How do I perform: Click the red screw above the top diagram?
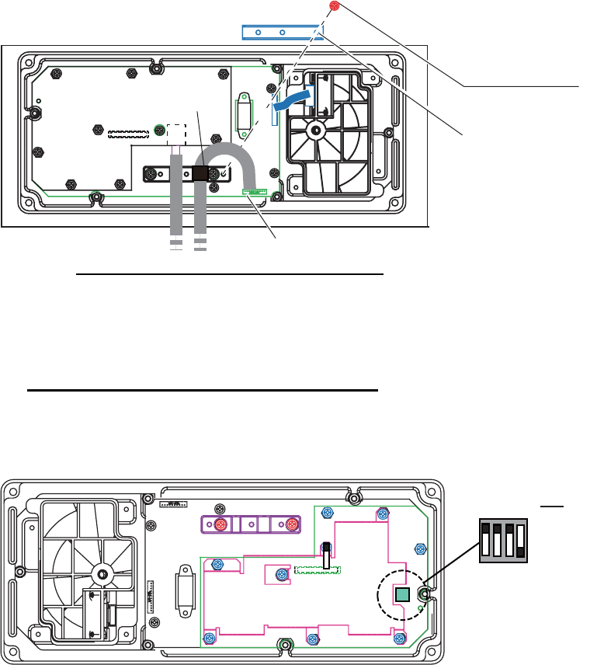(335, 6)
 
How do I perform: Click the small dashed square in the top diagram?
(178, 134)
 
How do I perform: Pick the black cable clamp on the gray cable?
(202, 173)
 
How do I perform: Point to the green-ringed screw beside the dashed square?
(159, 130)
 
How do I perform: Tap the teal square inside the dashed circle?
(401, 595)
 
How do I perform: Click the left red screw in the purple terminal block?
(220, 525)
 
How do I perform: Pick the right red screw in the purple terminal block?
(291, 525)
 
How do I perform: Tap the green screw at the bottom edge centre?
(285, 645)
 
